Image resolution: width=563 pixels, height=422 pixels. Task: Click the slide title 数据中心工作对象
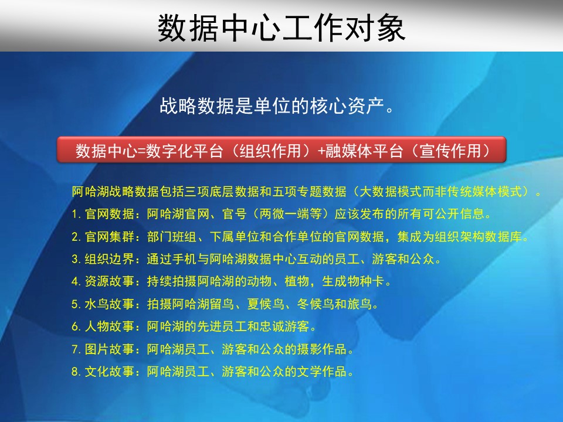click(281, 28)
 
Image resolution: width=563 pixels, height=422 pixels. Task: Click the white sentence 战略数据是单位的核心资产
click(277, 106)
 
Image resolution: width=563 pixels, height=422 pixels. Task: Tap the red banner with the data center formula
click(281, 149)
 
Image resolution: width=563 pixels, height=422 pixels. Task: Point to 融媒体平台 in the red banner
click(364, 151)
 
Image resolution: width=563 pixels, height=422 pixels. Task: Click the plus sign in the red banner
click(321, 151)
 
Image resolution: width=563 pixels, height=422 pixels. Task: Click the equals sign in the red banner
click(141, 151)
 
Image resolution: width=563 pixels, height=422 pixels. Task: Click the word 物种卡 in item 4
click(365, 281)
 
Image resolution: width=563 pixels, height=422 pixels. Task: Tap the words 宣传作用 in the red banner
click(450, 151)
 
